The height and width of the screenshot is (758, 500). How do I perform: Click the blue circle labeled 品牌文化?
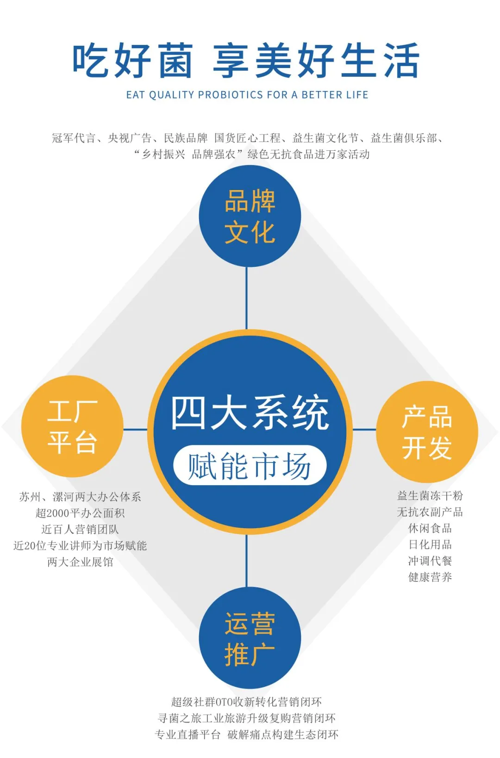250,216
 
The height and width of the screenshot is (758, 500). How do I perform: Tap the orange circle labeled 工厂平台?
72,426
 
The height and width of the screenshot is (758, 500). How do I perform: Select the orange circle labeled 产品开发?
427,431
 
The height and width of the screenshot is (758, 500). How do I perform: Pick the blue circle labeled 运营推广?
250,638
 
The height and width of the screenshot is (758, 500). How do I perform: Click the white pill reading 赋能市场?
250,465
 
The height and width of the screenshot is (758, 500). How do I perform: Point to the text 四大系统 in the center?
250,413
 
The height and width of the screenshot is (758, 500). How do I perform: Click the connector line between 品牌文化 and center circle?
247,298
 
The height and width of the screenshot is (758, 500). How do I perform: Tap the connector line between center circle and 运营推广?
247,561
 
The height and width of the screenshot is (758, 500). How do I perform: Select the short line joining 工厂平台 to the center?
135,429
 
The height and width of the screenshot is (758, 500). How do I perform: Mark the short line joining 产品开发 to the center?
364,429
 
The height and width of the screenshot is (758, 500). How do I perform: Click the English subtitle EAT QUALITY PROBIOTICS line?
247,95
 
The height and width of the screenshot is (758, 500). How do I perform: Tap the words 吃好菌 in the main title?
132,61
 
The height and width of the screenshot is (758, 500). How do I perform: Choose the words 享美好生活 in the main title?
316,61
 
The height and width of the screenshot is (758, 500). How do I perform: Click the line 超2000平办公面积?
80,513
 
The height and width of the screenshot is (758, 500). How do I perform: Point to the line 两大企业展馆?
80,562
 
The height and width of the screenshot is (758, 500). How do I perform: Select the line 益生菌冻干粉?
430,496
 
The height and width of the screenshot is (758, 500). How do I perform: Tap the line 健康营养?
430,577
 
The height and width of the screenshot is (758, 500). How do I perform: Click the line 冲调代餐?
430,561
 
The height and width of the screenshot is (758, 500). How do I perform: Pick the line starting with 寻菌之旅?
247,718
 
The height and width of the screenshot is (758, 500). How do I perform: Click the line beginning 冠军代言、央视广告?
247,138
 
